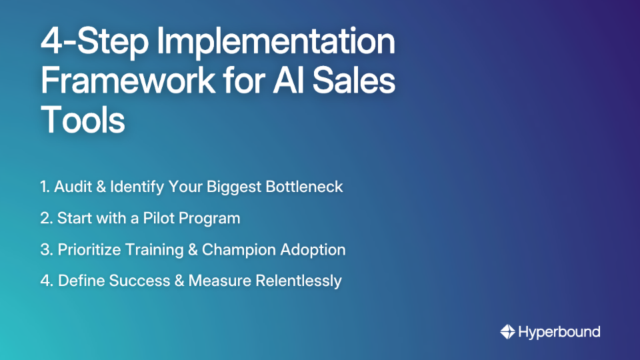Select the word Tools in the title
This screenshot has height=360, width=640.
click(83, 121)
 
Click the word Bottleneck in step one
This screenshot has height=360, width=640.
click(304, 187)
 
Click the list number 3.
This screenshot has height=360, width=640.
click(45, 250)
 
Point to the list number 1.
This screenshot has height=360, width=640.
click(43, 187)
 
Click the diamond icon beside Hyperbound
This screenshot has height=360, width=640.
click(507, 331)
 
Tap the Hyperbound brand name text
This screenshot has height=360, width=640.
click(559, 331)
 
